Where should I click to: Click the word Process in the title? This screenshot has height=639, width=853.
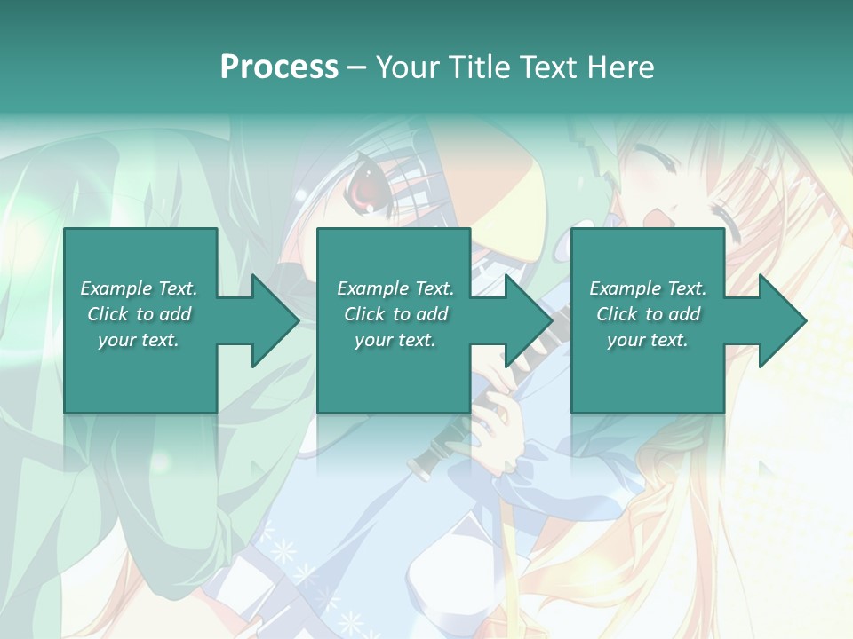[x=279, y=67]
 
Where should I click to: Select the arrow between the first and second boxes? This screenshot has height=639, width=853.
[x=264, y=320]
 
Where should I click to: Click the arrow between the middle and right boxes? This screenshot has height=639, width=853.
[x=517, y=320]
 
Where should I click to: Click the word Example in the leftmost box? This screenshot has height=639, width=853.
[x=116, y=288]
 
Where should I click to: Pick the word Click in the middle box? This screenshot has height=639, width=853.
[x=365, y=314]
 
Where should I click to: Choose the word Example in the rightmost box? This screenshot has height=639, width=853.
[x=625, y=288]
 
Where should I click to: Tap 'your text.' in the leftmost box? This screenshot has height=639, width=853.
[x=139, y=340]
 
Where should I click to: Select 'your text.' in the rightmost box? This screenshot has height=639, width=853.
[x=648, y=340]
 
